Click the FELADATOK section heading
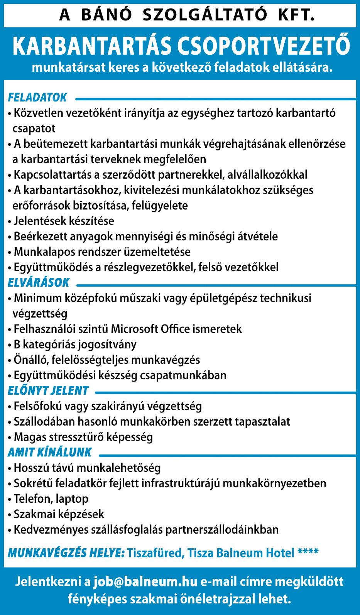point(37,98)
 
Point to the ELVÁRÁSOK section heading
point(39,283)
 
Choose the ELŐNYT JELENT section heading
point(48,391)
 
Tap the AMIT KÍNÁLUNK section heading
point(50,452)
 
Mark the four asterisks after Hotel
point(308,553)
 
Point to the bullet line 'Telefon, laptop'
point(51,499)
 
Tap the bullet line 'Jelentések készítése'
point(64,221)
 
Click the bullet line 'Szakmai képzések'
point(59,514)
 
